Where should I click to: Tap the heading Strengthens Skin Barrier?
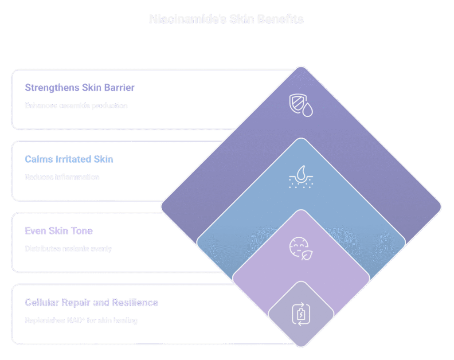80,87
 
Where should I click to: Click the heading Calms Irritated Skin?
69,159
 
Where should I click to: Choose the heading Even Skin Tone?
59,231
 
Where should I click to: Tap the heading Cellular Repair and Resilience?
91,303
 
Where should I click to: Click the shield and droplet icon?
301,105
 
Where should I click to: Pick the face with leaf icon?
301,249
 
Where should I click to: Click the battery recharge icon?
301,314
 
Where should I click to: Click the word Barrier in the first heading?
120,87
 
